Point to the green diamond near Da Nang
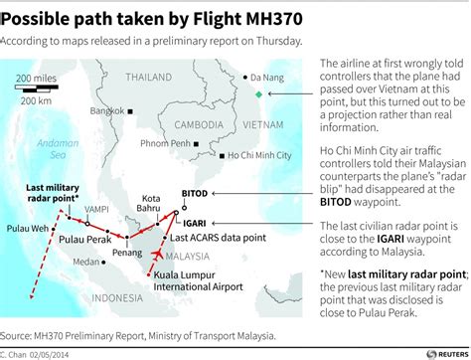[258, 94]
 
